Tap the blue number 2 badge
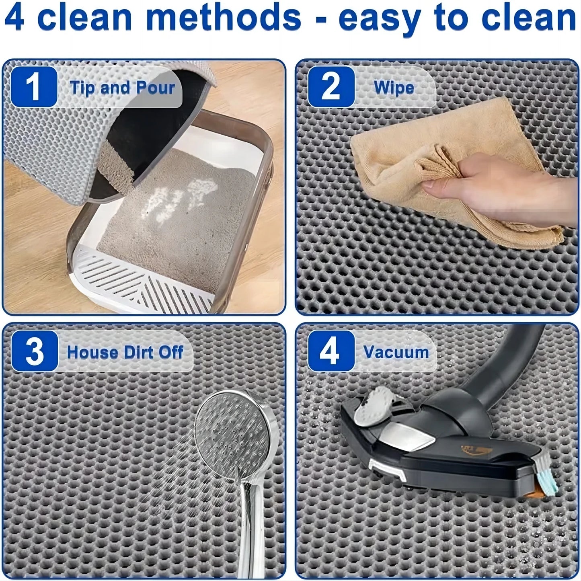331,87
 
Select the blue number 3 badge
34,351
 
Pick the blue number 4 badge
331,351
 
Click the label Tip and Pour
122,88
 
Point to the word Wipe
394,88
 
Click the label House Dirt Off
125,352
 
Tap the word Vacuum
396,352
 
